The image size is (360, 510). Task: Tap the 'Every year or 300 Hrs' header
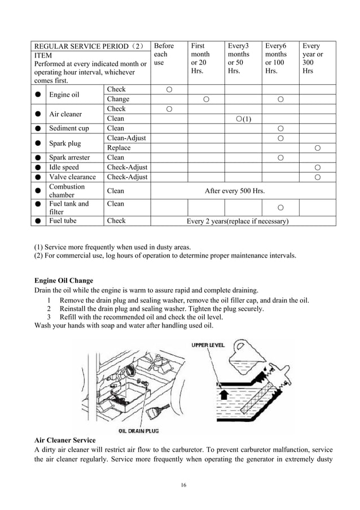point(313,58)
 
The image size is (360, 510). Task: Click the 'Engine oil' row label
point(65,94)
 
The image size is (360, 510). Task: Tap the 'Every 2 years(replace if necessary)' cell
point(238,221)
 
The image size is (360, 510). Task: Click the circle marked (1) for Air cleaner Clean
point(243,119)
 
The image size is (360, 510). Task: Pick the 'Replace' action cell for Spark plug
point(119,148)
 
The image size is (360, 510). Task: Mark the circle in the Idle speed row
point(318,168)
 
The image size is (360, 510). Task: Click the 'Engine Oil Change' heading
point(64,281)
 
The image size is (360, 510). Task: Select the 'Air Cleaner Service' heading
point(65,439)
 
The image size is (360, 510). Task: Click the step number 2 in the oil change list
point(49,309)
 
